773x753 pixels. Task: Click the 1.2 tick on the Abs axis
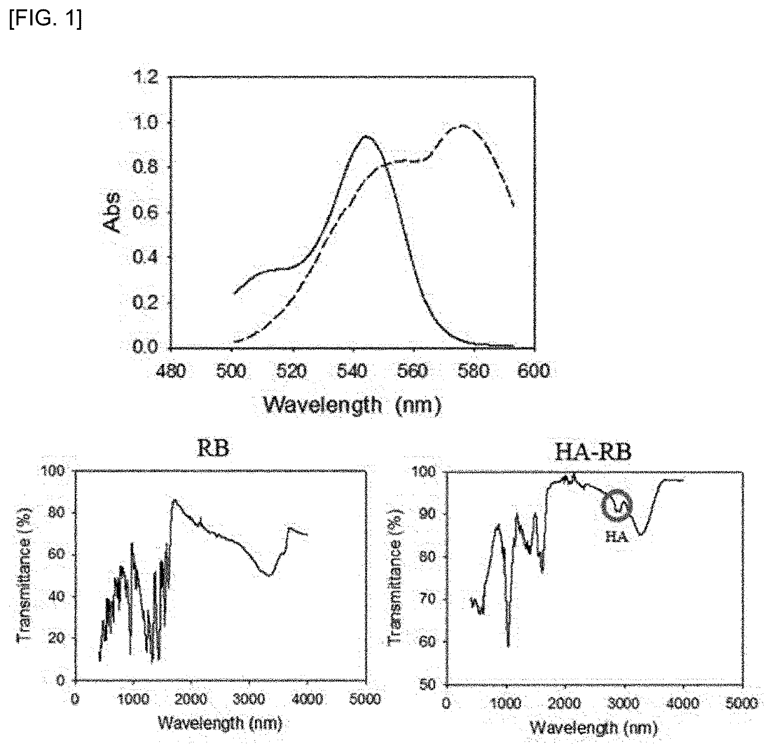tap(145, 77)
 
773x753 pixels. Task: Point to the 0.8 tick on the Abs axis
tap(145, 167)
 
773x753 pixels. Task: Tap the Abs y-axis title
tap(111, 213)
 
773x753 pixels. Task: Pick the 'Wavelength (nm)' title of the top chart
tap(352, 405)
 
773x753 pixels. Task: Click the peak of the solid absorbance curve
tap(366, 136)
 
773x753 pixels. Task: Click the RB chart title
tap(213, 449)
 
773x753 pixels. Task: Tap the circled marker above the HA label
tap(617, 505)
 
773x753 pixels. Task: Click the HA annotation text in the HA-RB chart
tap(616, 537)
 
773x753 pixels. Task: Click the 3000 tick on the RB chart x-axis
tap(249, 699)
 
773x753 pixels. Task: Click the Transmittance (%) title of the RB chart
tap(24, 574)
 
